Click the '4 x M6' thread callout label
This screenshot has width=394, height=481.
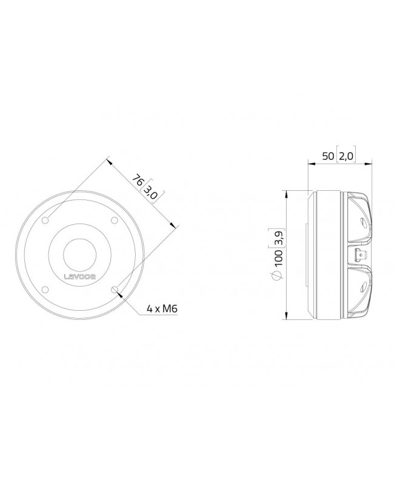pyautogui.click(x=162, y=310)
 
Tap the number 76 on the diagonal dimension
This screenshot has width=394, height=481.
pyautogui.click(x=139, y=181)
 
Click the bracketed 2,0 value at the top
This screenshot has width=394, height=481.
pyautogui.click(x=346, y=156)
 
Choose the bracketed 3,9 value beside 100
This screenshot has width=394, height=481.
pyautogui.click(x=278, y=237)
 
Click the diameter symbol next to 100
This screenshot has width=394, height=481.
pyautogui.click(x=278, y=276)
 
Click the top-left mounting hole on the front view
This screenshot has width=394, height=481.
pyautogui.click(x=47, y=221)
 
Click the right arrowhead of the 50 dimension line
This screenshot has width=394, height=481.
pyautogui.click(x=370, y=163)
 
